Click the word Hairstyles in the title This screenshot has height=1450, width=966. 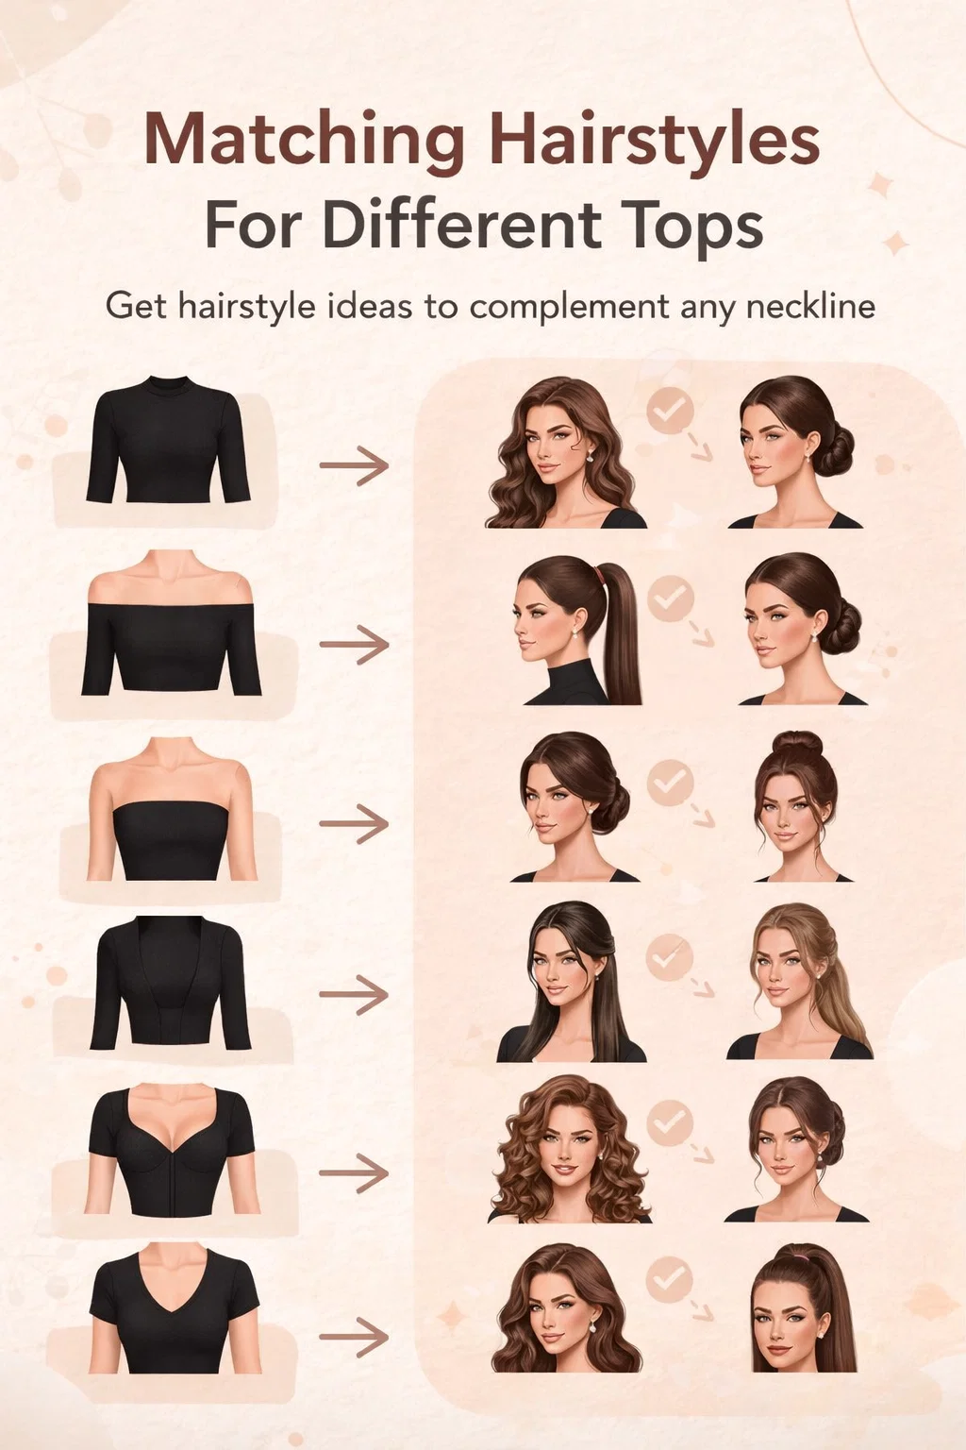tap(655, 139)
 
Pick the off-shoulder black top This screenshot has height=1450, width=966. tap(172, 649)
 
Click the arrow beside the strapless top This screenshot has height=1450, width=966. tap(354, 823)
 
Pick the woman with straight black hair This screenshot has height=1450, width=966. tap(570, 982)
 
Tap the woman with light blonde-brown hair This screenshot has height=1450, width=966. tap(800, 982)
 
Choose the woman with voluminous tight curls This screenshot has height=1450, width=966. tap(570, 1151)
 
